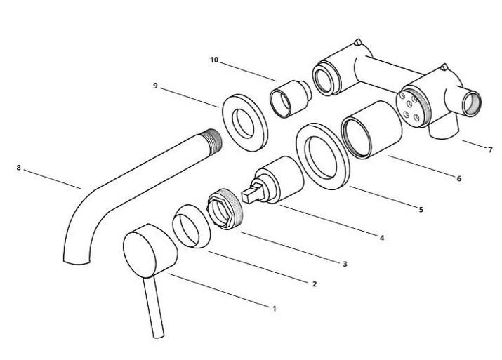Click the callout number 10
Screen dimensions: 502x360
pos(214,60)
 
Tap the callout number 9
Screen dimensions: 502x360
pos(155,86)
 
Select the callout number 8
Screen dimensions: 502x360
pos(18,167)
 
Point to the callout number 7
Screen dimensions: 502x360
pos(490,149)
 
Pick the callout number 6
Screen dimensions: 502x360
pos(458,178)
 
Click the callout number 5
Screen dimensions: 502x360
pos(421,210)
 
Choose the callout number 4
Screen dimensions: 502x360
pos(382,238)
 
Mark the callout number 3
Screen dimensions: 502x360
pos(345,264)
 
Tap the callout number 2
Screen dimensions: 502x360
pos(315,284)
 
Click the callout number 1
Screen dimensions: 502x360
pos(274,309)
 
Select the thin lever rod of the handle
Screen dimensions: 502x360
pos(154,307)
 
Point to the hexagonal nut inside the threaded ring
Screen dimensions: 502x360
pos(220,211)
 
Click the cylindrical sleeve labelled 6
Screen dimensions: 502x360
pos(371,129)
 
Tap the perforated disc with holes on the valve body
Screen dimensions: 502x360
pos(411,109)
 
